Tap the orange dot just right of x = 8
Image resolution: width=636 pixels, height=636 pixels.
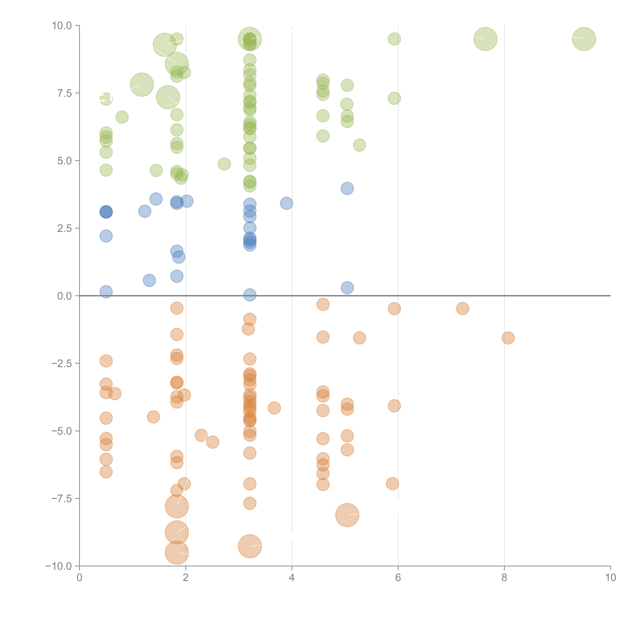coord(508,338)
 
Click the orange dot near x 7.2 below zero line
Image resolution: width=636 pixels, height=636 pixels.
coord(462,308)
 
